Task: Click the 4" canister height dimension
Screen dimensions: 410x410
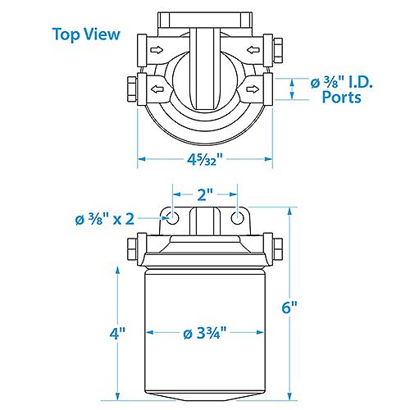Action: pyautogui.click(x=117, y=334)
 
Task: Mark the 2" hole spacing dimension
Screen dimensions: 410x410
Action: pyautogui.click(x=204, y=196)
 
